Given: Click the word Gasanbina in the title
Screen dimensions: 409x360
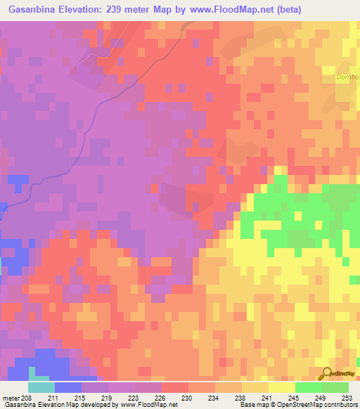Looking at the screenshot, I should [x=31, y=10].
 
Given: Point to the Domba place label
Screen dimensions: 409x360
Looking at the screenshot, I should [x=348, y=77].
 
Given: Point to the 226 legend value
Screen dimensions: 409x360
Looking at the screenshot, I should [x=162, y=397].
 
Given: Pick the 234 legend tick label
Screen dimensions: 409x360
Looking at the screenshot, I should [x=215, y=397].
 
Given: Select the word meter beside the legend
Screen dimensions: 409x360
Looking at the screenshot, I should [x=11, y=397].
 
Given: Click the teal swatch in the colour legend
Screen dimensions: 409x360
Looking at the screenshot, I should [x=41, y=387].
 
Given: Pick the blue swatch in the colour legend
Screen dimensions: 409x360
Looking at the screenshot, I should [x=68, y=387].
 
